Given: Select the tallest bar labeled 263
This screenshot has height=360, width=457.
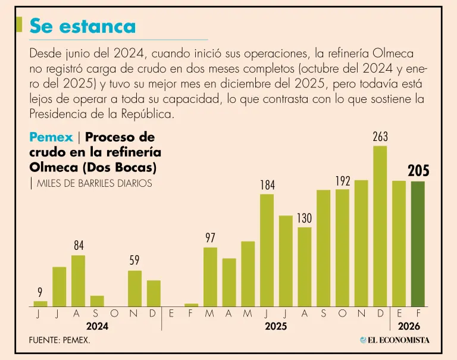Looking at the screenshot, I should point(380,226).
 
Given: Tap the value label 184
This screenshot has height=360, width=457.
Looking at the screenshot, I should point(267,185).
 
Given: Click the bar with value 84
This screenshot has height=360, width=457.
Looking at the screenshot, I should point(78,280).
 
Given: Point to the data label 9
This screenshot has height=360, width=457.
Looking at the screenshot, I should point(40,292).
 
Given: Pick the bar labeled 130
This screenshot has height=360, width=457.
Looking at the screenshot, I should point(305,266).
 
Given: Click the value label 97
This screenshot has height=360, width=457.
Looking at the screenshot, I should point(210,238).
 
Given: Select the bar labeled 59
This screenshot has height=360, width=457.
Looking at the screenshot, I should point(135,288).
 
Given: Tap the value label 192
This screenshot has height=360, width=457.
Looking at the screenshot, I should point(342,181).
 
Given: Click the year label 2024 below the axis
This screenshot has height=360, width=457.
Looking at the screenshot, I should point(97,326).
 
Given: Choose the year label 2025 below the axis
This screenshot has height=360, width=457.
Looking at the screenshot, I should point(276,326).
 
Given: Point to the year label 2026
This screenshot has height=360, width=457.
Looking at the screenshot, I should point(409,326).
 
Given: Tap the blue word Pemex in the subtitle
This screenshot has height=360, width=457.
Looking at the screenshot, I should point(51,137).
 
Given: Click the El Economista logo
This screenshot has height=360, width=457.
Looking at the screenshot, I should point(394,340).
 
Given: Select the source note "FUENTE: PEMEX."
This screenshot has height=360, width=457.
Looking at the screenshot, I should point(60,340).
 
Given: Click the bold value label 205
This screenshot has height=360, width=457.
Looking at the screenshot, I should point(418,171).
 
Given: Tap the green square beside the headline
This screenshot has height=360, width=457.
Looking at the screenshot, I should point(20,24).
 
